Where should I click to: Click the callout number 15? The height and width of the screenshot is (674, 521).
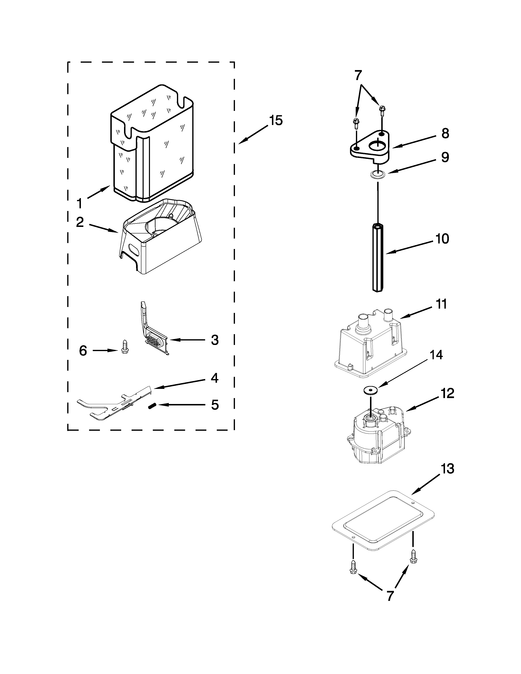point(276,120)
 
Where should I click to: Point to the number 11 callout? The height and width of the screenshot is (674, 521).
point(441,304)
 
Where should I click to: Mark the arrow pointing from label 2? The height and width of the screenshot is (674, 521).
point(103,228)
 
